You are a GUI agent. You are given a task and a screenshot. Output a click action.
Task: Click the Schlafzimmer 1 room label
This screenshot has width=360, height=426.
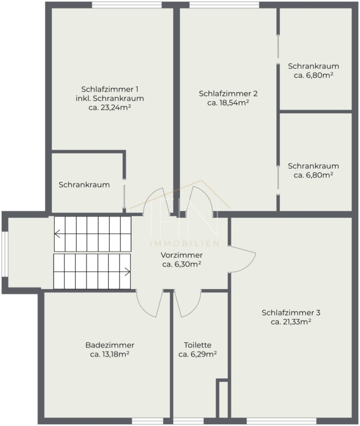(x=110, y=89)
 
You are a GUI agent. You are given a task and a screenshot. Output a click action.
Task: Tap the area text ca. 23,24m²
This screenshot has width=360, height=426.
(x=110, y=107)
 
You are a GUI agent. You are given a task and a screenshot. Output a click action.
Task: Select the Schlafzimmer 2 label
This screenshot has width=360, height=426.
(x=228, y=94)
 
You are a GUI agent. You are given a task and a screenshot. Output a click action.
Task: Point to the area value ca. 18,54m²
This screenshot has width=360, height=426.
(x=228, y=103)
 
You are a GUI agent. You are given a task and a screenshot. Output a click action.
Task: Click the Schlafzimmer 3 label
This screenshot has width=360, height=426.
(x=291, y=313)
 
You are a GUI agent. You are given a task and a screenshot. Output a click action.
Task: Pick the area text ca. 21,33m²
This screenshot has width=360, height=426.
(x=291, y=322)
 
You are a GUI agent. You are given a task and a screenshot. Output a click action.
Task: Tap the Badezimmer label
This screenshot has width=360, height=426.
(x=110, y=345)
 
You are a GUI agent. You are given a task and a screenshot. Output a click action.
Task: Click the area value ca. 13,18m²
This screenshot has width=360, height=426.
(x=109, y=354)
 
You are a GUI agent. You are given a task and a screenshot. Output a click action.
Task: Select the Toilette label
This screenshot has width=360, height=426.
(x=198, y=345)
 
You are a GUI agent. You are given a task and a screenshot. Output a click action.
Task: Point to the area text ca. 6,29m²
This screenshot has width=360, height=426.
(x=198, y=354)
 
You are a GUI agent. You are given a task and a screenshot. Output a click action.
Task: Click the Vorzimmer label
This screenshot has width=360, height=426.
(x=182, y=255)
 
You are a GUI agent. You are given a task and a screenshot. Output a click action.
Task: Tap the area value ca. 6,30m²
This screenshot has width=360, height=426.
(x=182, y=264)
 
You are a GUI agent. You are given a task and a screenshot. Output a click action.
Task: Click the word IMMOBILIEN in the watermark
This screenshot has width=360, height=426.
(x=184, y=243)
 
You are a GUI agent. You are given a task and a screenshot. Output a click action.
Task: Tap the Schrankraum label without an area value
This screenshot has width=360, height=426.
(x=84, y=185)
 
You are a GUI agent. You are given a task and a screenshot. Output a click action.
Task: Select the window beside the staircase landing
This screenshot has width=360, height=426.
(x=5, y=254)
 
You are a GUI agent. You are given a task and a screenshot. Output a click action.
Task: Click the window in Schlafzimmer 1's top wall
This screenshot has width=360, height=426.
(x=127, y=5)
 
